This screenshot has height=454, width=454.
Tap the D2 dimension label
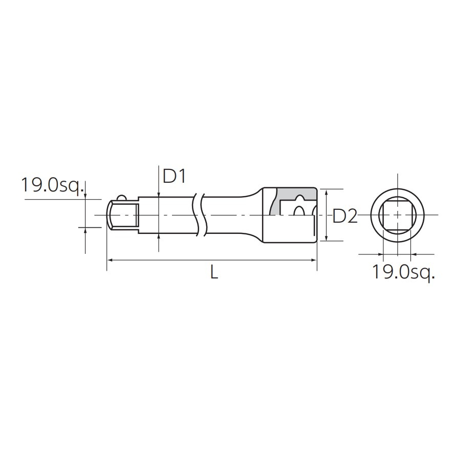pyautogui.click(x=344, y=217)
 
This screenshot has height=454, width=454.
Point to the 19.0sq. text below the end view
pyautogui.click(x=403, y=272)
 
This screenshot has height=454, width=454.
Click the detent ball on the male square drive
pyautogui.click(x=122, y=198)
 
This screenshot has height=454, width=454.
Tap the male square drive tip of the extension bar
pyautogui.click(x=123, y=215)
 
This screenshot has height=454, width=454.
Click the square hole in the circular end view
pyautogui.click(x=397, y=215)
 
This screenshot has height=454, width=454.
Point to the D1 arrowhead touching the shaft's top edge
pyautogui.click(x=159, y=194)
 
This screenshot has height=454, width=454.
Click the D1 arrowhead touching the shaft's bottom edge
pyautogui.click(x=159, y=235)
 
